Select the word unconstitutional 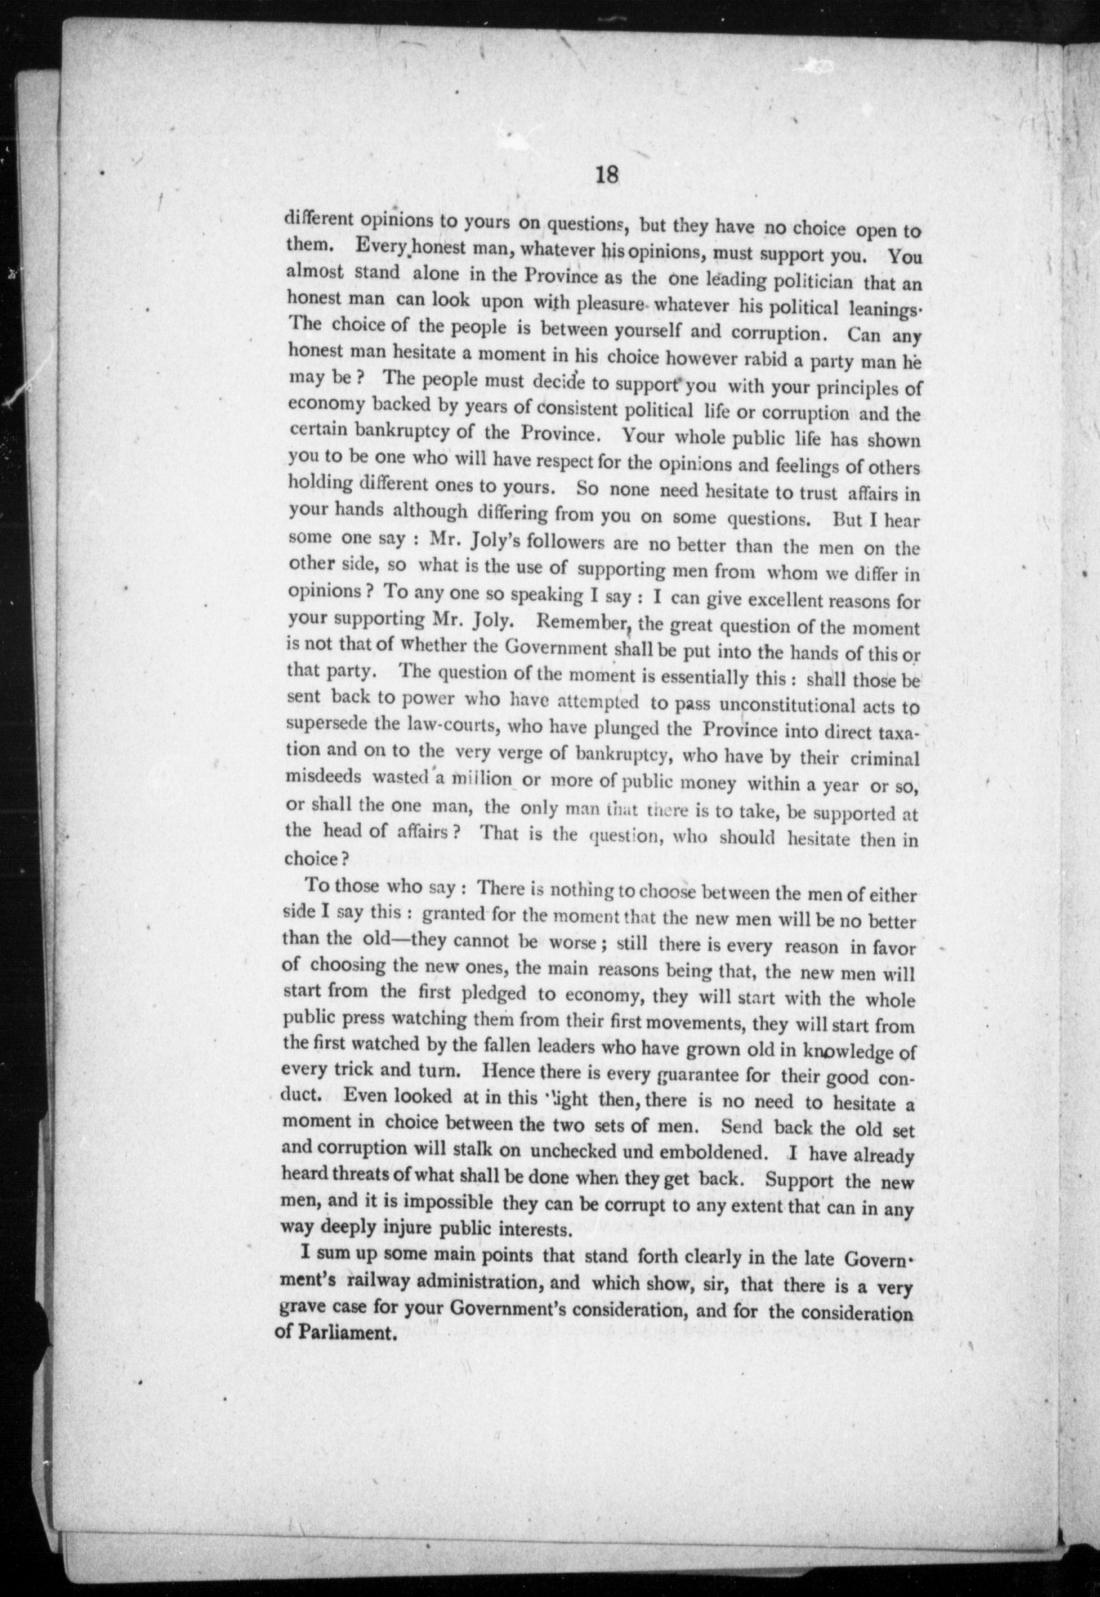(806, 705)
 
